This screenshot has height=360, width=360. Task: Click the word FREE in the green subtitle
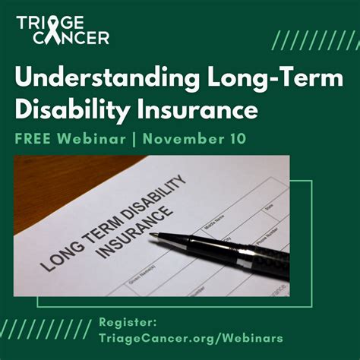point(33,141)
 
